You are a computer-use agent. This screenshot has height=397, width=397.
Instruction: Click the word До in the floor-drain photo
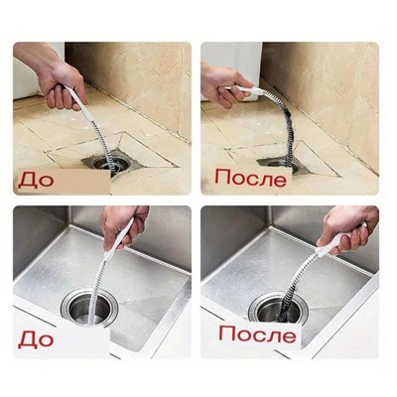(x=36, y=181)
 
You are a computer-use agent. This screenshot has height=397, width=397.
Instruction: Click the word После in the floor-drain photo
(x=250, y=179)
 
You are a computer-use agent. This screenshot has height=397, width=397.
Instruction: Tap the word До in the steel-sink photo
(x=36, y=339)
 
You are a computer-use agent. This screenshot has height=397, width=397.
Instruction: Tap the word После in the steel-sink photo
(x=257, y=334)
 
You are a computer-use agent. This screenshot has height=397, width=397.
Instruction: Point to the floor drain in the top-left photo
(x=106, y=165)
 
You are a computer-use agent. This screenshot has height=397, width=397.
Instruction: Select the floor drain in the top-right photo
(x=281, y=165)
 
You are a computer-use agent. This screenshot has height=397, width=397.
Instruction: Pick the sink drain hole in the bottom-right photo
(x=278, y=308)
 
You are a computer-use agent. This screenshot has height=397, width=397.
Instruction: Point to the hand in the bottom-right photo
(x=349, y=228)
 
